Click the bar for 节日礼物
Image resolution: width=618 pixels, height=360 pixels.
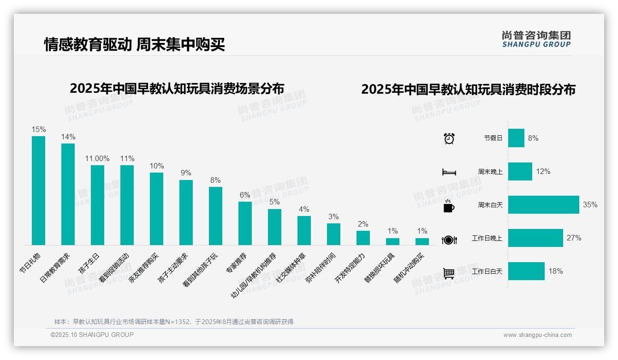pos(38,190)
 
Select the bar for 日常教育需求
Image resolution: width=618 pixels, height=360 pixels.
pos(68,194)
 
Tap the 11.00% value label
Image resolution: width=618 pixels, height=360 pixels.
pos(97,158)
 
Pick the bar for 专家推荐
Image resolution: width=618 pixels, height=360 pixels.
pos(245,223)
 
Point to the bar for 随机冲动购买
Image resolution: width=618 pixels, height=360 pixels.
pos(422,241)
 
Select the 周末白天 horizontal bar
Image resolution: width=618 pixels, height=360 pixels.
pos(543,204)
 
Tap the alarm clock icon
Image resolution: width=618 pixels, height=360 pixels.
pos(449,138)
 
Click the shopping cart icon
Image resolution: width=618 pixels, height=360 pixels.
pos(449,273)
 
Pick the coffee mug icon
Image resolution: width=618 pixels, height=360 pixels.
pos(449,206)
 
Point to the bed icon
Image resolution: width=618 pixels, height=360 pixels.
pos(449,172)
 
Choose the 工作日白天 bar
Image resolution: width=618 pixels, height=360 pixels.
pos(526,271)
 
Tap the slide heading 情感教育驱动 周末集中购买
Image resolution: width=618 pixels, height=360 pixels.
pos(134,44)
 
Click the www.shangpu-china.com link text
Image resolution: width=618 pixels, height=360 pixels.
pos(537,335)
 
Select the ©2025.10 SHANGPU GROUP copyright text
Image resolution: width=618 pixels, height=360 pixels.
pos(92,335)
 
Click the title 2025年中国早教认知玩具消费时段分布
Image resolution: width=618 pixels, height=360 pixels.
pos(468,90)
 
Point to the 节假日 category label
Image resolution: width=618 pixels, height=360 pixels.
pos(493,138)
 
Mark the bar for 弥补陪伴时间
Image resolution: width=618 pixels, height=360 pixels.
pos(333,234)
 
